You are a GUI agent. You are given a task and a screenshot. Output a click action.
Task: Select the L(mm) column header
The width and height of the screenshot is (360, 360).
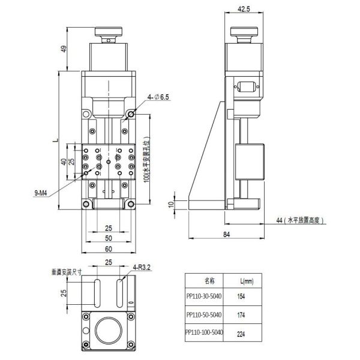tap(246, 280)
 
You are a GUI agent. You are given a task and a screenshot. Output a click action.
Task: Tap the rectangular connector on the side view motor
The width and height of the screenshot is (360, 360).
tap(247, 88)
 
